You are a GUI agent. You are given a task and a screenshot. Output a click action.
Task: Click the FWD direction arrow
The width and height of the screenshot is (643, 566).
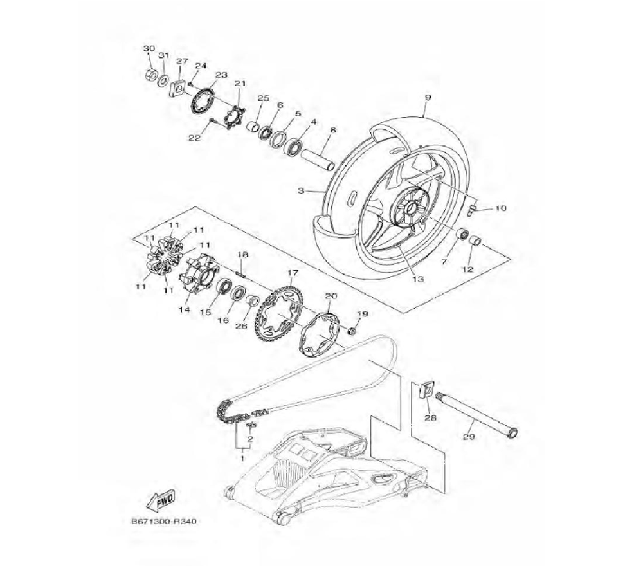(161, 500)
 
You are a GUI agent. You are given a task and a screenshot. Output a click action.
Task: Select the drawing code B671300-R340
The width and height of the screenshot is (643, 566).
(163, 522)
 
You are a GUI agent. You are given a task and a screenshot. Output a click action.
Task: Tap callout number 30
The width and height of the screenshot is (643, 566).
(149, 48)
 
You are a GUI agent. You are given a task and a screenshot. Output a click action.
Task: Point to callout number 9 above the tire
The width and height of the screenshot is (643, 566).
(428, 98)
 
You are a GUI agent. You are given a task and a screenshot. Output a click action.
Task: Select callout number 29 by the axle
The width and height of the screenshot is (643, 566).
(469, 437)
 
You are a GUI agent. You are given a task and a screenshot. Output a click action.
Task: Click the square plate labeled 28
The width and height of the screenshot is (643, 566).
(426, 389)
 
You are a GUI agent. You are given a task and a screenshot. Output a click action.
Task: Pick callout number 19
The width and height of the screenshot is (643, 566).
(362, 314)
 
